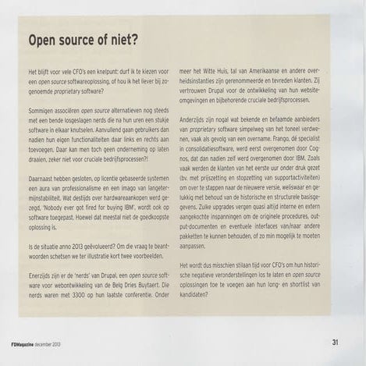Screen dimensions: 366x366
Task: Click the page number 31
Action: pos(335,341)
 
